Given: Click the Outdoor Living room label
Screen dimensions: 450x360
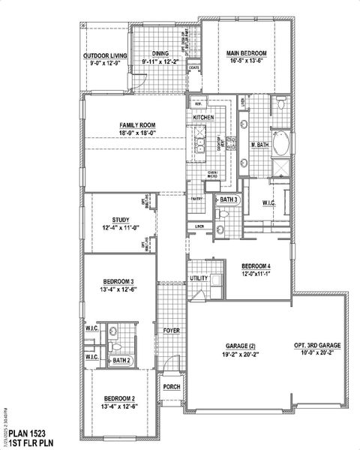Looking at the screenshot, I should (x=105, y=55).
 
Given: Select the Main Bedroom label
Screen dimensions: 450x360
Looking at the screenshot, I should (x=247, y=52).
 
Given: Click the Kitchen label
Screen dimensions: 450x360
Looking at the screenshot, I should (x=204, y=118).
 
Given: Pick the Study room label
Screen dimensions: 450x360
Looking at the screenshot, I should (x=121, y=219).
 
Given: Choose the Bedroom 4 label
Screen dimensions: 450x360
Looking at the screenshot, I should (x=256, y=267).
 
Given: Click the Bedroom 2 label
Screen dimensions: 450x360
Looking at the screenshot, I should (x=119, y=397).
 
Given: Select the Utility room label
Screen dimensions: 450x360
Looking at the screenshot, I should (x=199, y=278).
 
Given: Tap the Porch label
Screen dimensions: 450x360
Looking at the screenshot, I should (x=172, y=387).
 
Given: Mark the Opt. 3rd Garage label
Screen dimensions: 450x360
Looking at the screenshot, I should (x=317, y=345).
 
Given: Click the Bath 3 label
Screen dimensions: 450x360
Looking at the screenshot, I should (x=229, y=199).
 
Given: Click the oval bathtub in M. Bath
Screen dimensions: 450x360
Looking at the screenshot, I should (x=280, y=142).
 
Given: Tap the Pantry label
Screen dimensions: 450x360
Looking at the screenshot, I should (x=197, y=199).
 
